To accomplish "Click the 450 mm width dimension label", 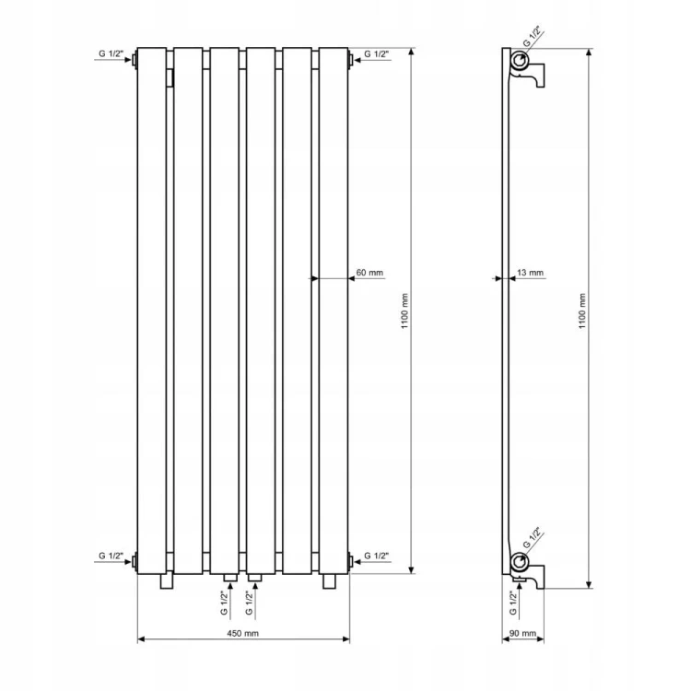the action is click(243, 633).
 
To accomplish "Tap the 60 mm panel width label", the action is click(369, 273).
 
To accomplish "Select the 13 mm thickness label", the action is click(530, 273).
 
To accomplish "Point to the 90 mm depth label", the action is click(523, 633).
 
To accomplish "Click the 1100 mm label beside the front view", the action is click(405, 311).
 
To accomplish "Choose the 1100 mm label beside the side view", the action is click(582, 311).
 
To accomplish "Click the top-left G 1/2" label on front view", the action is click(111, 53).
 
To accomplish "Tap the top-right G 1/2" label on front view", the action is click(376, 53).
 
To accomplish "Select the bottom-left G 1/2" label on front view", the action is click(111, 556).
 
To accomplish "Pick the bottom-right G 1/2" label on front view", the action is click(376, 556).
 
